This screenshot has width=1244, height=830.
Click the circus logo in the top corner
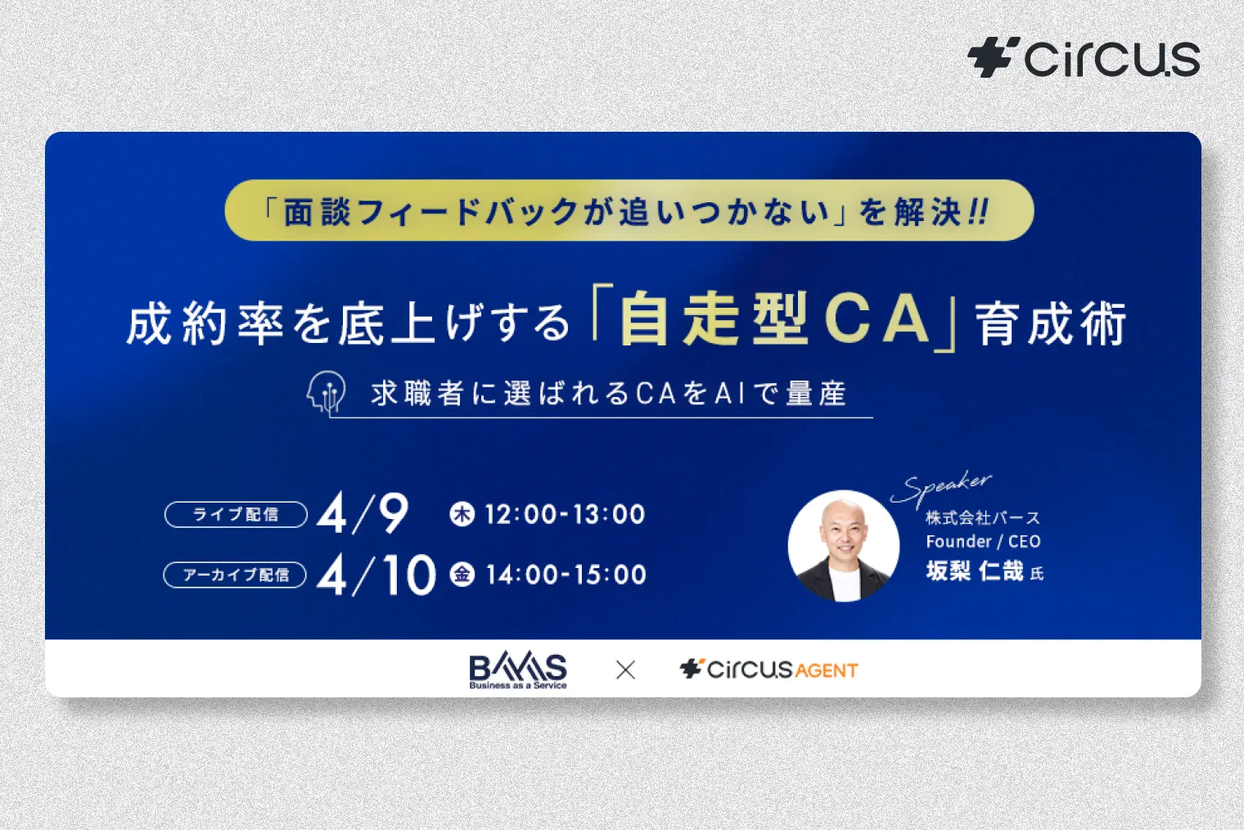coord(1084,58)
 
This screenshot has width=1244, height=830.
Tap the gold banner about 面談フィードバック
coord(629,211)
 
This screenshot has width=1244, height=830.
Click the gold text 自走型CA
coord(774,319)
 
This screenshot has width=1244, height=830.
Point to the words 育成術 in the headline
coord(1051,324)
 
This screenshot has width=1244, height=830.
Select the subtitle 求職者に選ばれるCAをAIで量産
coord(608,394)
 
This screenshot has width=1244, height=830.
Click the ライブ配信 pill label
coord(236,514)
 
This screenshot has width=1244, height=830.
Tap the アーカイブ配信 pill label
coord(236,575)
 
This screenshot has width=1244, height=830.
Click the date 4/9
coord(363,513)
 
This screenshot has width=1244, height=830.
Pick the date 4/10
coord(376,575)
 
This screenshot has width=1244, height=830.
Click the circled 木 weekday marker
coord(462,514)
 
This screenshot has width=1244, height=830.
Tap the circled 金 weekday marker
coord(462,575)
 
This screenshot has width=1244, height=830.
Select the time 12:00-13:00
coord(565,514)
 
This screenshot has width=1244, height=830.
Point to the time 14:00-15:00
coord(566,575)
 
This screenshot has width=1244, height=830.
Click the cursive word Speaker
coord(942,488)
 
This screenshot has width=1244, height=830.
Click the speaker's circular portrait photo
coord(843,545)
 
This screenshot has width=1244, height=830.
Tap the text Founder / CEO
coord(983,541)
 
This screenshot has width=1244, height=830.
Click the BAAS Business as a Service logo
coord(518,670)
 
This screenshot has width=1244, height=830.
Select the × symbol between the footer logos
coord(625,670)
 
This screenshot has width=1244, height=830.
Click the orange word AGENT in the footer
coord(826,671)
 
